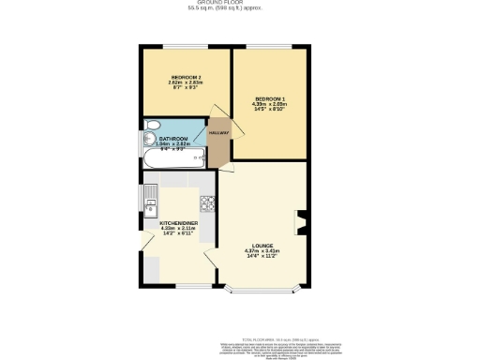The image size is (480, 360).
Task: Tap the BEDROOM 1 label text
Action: [270, 98]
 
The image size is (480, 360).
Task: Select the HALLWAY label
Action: [218, 132]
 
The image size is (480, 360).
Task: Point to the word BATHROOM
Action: [173, 139]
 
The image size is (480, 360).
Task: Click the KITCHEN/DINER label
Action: [177, 223]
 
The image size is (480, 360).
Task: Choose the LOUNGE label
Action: [262, 246]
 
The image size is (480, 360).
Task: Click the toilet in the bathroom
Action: [151, 127]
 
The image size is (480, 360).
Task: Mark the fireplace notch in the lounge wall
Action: [299, 224]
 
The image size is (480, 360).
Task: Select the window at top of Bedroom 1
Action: [269, 46]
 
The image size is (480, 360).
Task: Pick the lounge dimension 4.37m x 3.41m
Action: [262, 251]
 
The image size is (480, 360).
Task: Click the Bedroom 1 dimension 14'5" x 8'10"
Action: [270, 110]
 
